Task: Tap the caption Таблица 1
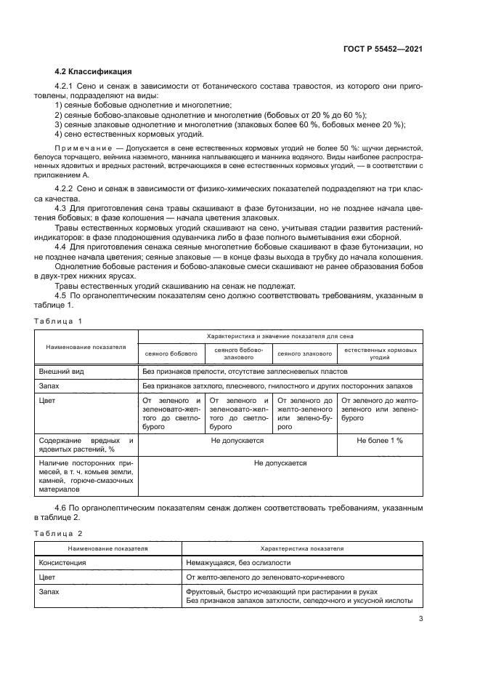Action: (58, 321)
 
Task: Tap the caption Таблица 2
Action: (58, 533)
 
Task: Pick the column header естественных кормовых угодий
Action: (380, 353)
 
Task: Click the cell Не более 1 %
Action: (380, 441)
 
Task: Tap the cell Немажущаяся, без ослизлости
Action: (238, 562)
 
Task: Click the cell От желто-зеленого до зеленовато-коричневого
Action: (265, 577)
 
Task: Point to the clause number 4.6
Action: (62, 505)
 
